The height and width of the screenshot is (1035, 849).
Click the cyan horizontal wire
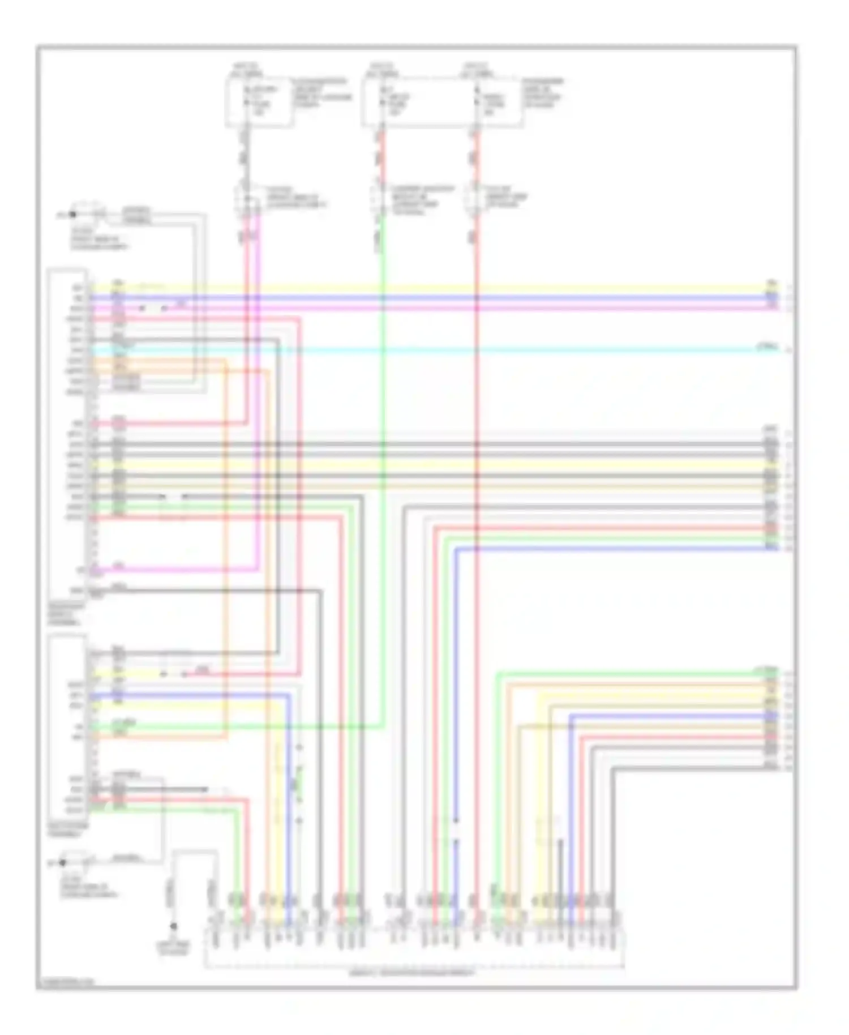[453, 350]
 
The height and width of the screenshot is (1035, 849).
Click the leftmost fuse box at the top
[259, 102]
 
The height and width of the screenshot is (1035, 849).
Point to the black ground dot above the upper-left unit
[72, 215]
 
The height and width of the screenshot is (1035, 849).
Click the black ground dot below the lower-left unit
[63, 862]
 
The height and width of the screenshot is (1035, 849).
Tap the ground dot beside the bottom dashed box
[174, 927]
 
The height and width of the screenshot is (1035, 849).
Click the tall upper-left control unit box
[68, 436]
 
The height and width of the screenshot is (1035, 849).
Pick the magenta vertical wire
[259, 396]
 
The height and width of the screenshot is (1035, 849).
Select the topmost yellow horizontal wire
[453, 287]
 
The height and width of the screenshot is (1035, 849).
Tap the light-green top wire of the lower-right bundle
[623, 674]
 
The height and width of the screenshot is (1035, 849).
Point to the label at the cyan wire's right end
[768, 347]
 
